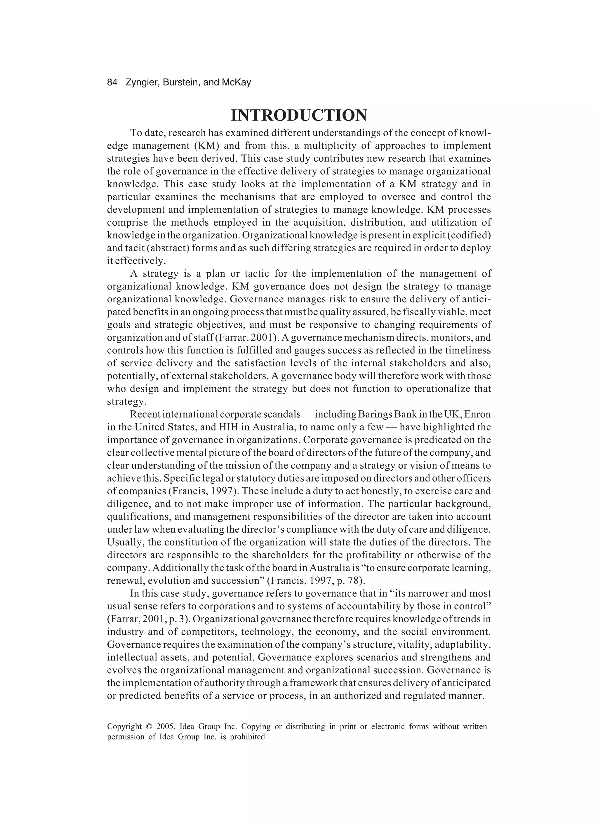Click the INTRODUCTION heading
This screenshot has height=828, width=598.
point(299,116)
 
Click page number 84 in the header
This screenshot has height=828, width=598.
point(112,83)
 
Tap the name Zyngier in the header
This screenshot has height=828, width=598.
point(141,83)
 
